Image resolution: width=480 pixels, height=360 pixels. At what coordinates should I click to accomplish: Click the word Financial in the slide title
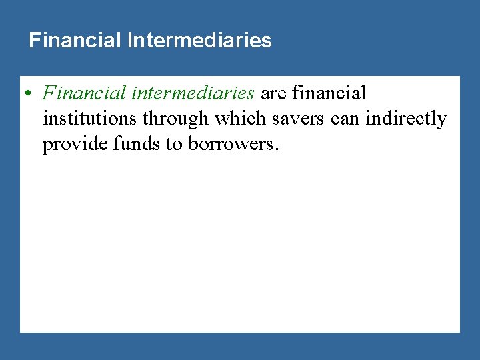pyautogui.click(x=74, y=41)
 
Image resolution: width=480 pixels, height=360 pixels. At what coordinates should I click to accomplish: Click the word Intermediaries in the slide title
pyautogui.click(x=198, y=41)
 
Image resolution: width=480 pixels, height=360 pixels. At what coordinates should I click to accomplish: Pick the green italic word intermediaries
pyautogui.click(x=193, y=93)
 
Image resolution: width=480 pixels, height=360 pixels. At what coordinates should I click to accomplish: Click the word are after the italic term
pyautogui.click(x=273, y=93)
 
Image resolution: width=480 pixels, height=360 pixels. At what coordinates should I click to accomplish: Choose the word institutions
pyautogui.click(x=89, y=119)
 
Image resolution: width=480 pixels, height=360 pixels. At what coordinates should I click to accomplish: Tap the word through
pyautogui.click(x=175, y=119)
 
